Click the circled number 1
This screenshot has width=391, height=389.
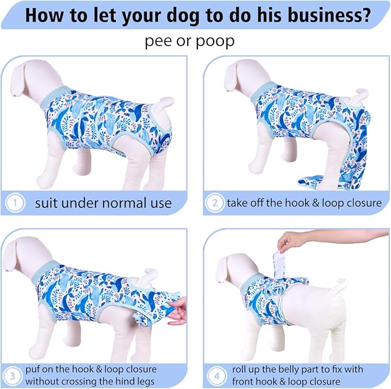15,203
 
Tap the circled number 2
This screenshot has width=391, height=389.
215,203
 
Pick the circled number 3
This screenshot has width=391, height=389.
13,376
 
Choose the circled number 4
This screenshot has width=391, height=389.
217,376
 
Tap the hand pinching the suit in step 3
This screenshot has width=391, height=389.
180,311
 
